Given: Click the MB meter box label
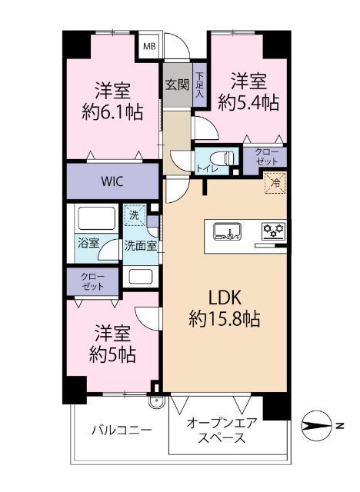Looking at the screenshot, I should tap(150, 45).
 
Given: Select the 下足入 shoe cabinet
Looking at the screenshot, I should tap(198, 86).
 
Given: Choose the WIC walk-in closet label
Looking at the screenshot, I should tap(112, 181).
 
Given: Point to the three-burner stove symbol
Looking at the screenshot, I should tap(272, 230).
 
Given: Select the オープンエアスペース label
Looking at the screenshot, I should tap(222, 430).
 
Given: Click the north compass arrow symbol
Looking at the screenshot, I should tap(323, 423).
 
